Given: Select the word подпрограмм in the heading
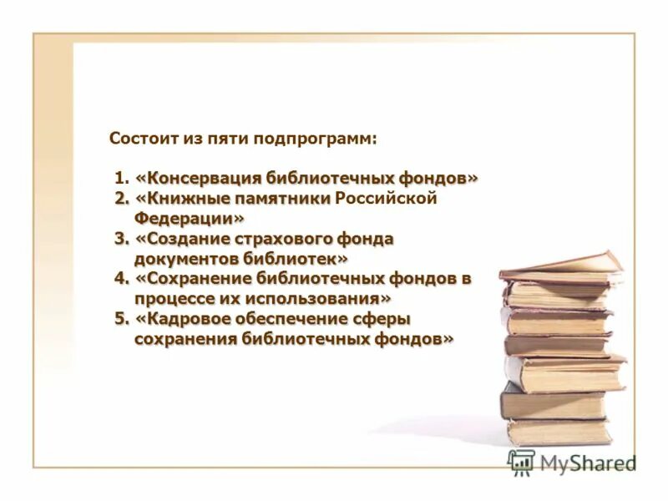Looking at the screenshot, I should [x=330, y=139].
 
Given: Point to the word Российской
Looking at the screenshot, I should [x=386, y=199].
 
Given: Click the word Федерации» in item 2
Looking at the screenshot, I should [x=190, y=218].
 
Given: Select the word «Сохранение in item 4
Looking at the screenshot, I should [x=193, y=279].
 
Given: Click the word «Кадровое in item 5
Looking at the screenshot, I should [x=183, y=319].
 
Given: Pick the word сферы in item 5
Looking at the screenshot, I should [x=387, y=319].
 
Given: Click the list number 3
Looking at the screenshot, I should [x=122, y=239].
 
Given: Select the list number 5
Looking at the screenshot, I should [x=122, y=319].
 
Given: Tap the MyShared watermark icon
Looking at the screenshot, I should [x=522, y=463].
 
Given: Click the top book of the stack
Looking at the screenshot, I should [x=561, y=266].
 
